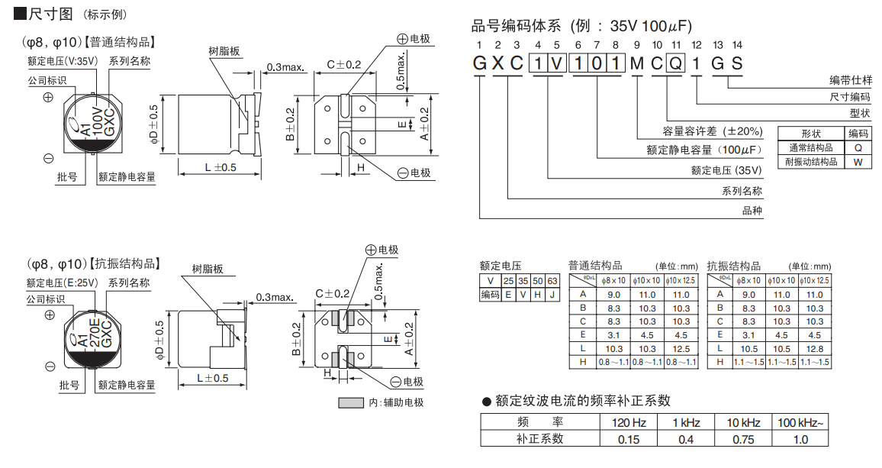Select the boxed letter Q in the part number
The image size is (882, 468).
(x=675, y=63)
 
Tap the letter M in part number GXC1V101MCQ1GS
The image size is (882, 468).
(x=636, y=63)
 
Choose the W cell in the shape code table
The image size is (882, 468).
(x=858, y=162)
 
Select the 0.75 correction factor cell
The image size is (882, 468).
(x=742, y=439)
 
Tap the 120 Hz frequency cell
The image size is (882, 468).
(x=628, y=423)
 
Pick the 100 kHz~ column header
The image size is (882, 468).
(x=800, y=423)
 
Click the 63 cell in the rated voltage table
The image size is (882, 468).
(x=552, y=281)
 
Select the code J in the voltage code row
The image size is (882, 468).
(x=552, y=295)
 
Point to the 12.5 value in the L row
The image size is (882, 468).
(x=681, y=348)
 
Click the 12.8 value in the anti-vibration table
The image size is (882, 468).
(x=814, y=348)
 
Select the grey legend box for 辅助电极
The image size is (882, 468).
(x=350, y=402)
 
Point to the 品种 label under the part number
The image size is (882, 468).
(x=752, y=211)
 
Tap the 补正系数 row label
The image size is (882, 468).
(x=539, y=439)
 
